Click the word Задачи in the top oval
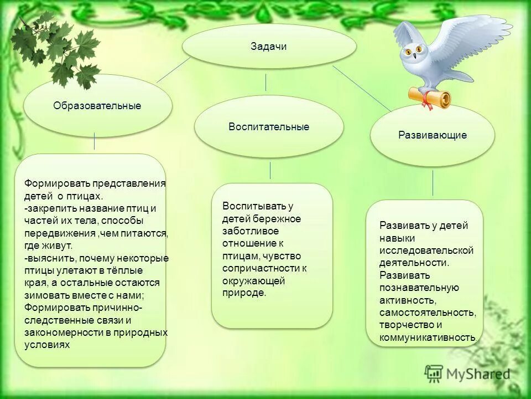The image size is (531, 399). (x=269, y=47)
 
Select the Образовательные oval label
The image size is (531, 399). (x=97, y=106)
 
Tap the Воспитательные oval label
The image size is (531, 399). (x=269, y=127)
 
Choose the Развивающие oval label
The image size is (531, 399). (x=433, y=135)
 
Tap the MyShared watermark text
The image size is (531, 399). (x=478, y=374)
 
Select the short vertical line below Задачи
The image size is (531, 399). (x=266, y=82)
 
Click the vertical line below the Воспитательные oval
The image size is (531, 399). (x=270, y=170)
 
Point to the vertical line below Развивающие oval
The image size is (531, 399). (x=433, y=182)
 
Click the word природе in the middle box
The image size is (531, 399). (x=244, y=293)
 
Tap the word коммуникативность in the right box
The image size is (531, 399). (x=428, y=337)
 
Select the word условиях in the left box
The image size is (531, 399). (x=47, y=344)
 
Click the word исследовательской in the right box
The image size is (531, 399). (x=426, y=250)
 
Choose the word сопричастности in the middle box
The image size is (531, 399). (x=261, y=268)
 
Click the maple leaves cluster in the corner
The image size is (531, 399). (x=55, y=53)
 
